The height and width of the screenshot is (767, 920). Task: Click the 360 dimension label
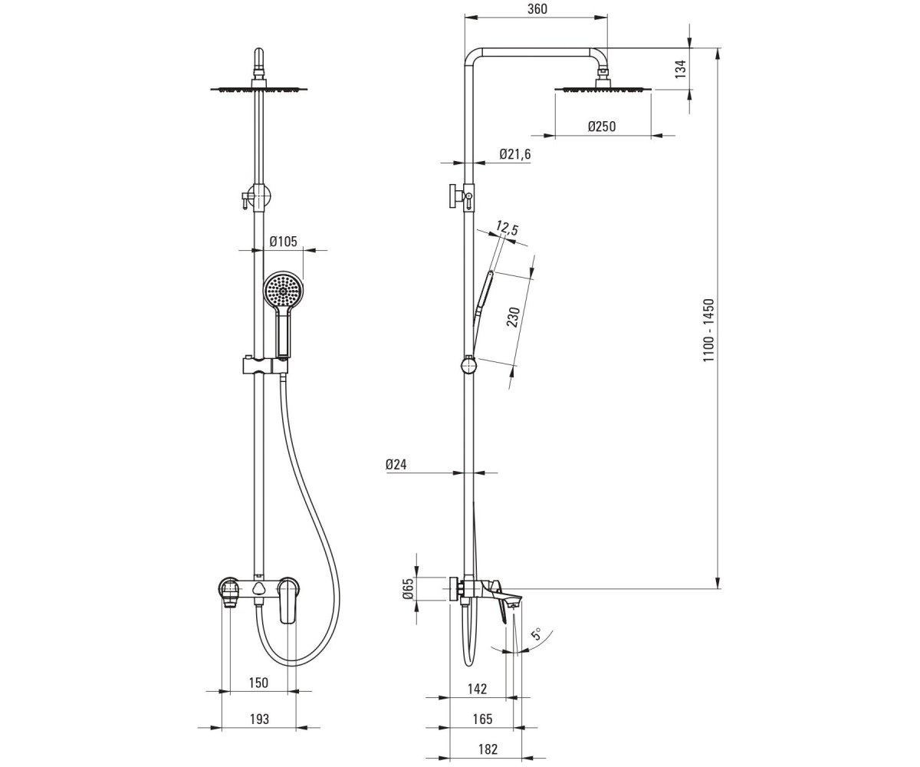(x=537, y=9)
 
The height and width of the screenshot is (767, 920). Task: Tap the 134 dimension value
(x=681, y=69)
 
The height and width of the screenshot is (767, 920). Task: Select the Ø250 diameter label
(x=601, y=127)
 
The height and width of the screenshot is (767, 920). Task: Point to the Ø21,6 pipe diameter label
(x=515, y=154)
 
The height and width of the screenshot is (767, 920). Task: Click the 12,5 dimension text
(x=507, y=229)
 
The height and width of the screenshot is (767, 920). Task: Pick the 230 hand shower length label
(x=514, y=317)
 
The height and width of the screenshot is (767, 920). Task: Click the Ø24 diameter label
(x=396, y=464)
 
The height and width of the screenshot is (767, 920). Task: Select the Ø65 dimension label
(x=408, y=588)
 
